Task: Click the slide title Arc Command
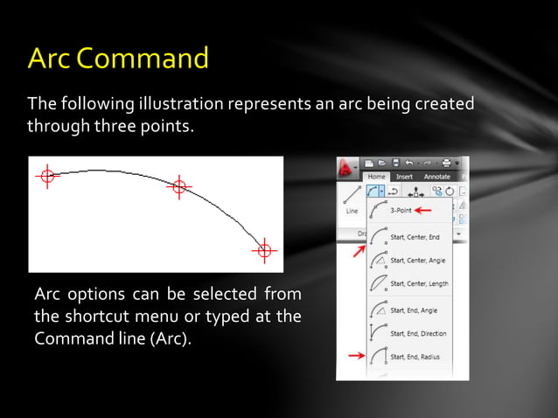pos(118,59)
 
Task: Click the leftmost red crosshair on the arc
pos(47,176)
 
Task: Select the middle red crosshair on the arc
pos(178,186)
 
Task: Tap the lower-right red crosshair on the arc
pos(263,251)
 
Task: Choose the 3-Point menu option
pos(402,210)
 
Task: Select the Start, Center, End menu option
pos(414,235)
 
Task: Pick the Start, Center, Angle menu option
pos(416,259)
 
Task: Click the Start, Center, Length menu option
pos(417,283)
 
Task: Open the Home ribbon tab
pos(378,176)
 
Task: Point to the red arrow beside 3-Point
pos(424,210)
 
